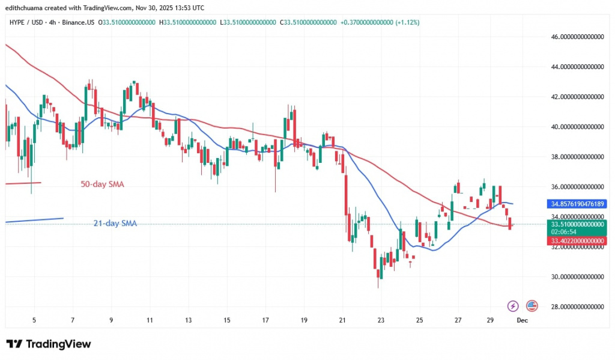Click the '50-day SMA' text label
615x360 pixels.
point(103,185)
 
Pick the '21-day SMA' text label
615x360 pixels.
point(115,224)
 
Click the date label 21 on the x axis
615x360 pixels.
point(342,321)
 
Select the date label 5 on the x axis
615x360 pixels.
point(34,321)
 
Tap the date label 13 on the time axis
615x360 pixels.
point(188,321)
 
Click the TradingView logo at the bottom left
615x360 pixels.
point(49,344)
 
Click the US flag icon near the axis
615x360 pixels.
point(532,306)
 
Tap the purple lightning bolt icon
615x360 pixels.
point(513,306)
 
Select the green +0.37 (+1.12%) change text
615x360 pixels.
point(380,22)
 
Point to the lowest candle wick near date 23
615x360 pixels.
point(378,286)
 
